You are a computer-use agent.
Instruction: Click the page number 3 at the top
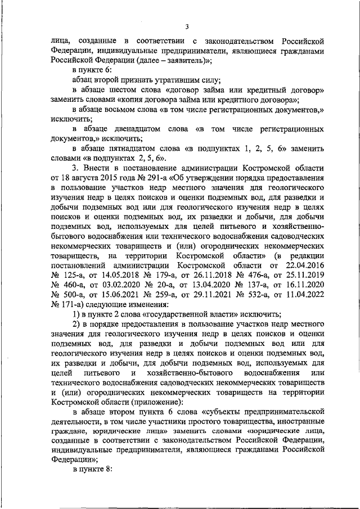pos(186,27)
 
